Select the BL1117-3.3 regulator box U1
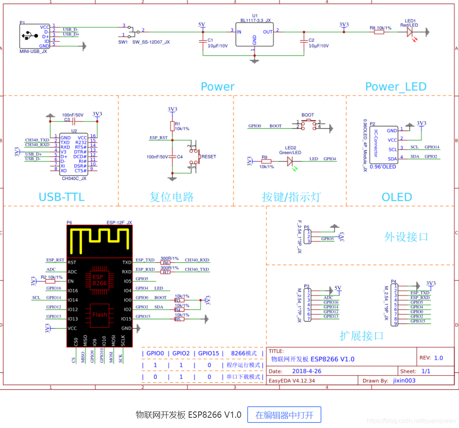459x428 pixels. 254,35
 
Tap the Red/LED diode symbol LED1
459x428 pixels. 410,32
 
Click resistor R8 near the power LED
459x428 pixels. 379,32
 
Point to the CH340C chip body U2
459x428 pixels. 73,154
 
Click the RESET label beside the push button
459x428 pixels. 209,157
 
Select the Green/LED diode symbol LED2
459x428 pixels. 290,161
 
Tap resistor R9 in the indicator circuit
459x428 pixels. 267,161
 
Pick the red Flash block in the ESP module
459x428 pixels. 100,315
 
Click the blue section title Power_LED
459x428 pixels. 396,86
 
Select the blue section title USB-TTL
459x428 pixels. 62,197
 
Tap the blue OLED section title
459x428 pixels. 397,197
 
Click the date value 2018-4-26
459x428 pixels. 306,371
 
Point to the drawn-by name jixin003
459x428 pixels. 404,381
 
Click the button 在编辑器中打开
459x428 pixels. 284,415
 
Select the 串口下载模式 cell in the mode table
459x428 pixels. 243,377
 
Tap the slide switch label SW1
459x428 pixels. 123,42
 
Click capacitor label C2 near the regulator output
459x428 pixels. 312,40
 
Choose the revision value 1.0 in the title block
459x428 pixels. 438,358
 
